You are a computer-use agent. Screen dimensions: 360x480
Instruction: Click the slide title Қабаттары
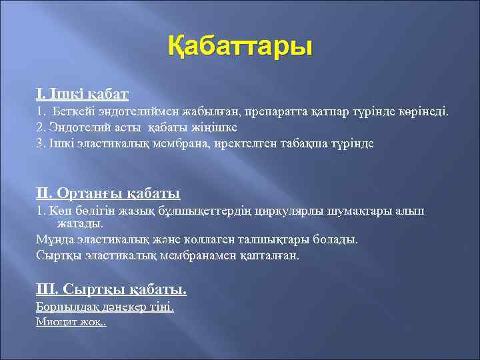click(239, 49)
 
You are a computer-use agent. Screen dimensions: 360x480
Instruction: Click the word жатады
click(75, 224)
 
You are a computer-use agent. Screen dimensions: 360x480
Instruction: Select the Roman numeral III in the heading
click(46, 289)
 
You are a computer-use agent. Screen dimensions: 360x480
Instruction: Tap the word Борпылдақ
click(65, 307)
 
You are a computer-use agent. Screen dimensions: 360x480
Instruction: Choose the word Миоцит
click(53, 322)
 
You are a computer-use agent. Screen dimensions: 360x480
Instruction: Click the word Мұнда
click(53, 239)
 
